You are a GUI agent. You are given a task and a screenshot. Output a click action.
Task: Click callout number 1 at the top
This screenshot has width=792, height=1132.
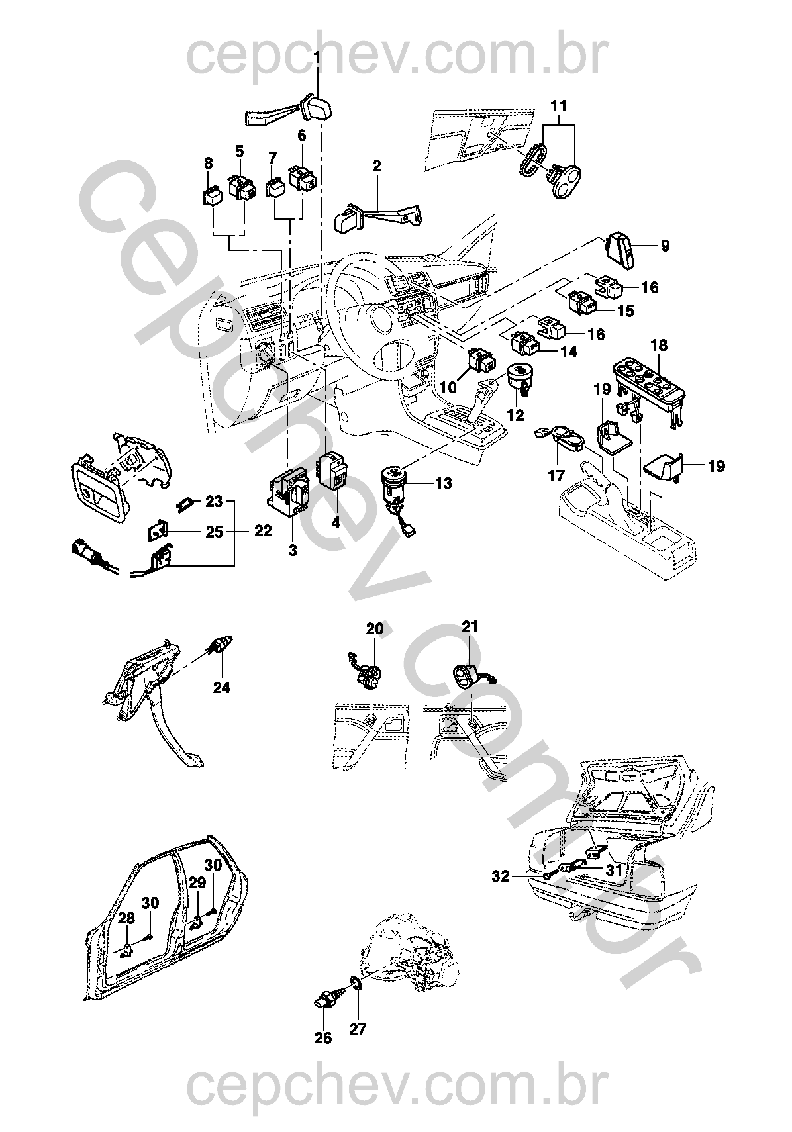317,58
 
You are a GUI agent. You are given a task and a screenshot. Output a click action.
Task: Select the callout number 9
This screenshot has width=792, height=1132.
664,246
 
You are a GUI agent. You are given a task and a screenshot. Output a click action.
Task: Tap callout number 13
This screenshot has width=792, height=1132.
443,483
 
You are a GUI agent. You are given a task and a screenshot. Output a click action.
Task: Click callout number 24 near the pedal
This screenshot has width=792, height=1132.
221,688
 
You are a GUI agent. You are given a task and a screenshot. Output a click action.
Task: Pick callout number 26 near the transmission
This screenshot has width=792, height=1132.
322,1038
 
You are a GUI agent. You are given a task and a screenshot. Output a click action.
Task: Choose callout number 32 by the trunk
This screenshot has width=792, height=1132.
501,876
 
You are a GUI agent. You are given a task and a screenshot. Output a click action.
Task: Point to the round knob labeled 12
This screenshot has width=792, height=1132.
521,376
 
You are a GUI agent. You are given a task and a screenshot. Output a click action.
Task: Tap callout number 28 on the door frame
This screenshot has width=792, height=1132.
126,918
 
